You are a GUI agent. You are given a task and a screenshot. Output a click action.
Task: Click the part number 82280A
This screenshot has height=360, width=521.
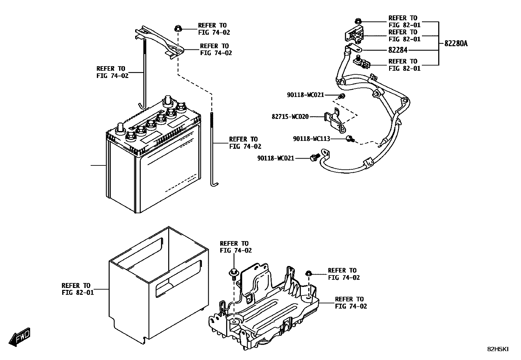click(456, 43)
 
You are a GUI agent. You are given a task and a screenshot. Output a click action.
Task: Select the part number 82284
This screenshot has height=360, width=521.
click(398, 50)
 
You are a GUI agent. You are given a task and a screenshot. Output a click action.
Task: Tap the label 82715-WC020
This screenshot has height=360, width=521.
click(290, 116)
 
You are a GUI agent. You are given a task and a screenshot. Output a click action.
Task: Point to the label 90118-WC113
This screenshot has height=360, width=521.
click(311, 139)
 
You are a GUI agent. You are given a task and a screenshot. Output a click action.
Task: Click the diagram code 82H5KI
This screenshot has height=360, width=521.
click(498, 349)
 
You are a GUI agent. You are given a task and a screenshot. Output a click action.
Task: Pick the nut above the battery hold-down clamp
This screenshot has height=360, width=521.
click(178, 28)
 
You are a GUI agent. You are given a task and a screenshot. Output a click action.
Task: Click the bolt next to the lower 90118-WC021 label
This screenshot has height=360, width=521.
click(314, 158)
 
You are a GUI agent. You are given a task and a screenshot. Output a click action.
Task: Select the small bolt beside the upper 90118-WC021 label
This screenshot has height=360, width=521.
click(342, 96)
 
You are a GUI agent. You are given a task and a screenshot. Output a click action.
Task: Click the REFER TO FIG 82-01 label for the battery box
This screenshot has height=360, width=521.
click(78, 289)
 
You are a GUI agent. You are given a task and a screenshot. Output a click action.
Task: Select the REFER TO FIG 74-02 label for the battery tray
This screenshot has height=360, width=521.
click(351, 303)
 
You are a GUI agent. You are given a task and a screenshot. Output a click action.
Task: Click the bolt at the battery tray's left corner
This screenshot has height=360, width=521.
click(233, 273)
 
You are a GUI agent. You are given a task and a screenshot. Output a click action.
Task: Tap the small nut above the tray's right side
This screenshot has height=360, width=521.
click(308, 273)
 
